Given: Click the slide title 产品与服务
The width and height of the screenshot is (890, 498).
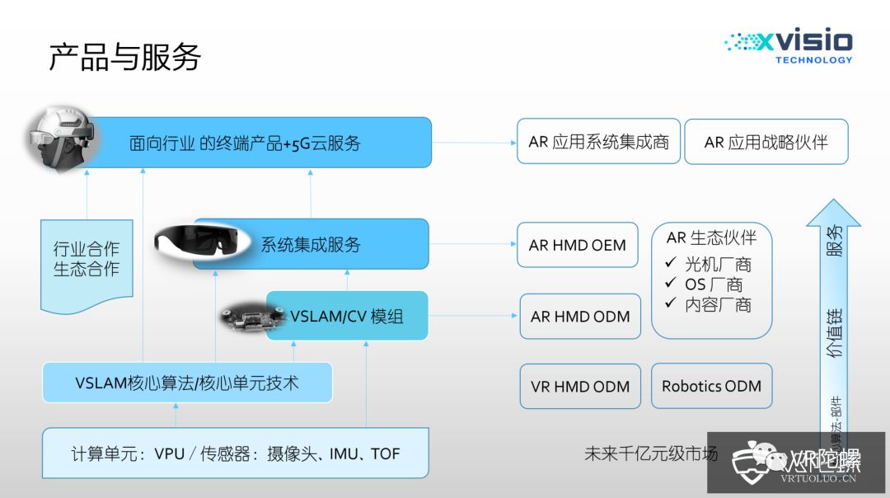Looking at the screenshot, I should [x=124, y=58].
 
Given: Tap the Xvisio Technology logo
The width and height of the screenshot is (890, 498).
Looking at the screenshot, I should [x=789, y=47].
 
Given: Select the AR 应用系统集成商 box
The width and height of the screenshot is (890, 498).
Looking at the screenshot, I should [x=598, y=141].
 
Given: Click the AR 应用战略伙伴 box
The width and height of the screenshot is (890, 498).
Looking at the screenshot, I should [x=766, y=142].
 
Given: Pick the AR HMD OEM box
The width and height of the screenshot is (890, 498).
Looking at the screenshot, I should [x=577, y=245].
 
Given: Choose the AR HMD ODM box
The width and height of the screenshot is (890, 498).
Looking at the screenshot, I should [x=580, y=317].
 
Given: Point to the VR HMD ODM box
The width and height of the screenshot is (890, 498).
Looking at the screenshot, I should [x=580, y=386].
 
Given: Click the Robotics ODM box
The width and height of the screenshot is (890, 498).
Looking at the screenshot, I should [x=711, y=386].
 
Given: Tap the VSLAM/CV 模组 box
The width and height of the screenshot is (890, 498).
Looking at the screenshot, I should [x=347, y=316].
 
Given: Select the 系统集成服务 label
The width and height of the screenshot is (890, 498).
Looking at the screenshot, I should [x=311, y=244].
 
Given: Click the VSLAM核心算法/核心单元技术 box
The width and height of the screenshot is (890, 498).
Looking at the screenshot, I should [x=187, y=383].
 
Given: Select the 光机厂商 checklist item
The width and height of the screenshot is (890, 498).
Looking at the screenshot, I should [x=709, y=265].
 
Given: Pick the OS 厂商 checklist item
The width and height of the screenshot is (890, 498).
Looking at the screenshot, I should [x=704, y=284].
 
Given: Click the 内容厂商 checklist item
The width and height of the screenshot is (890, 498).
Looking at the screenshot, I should [x=709, y=304].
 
